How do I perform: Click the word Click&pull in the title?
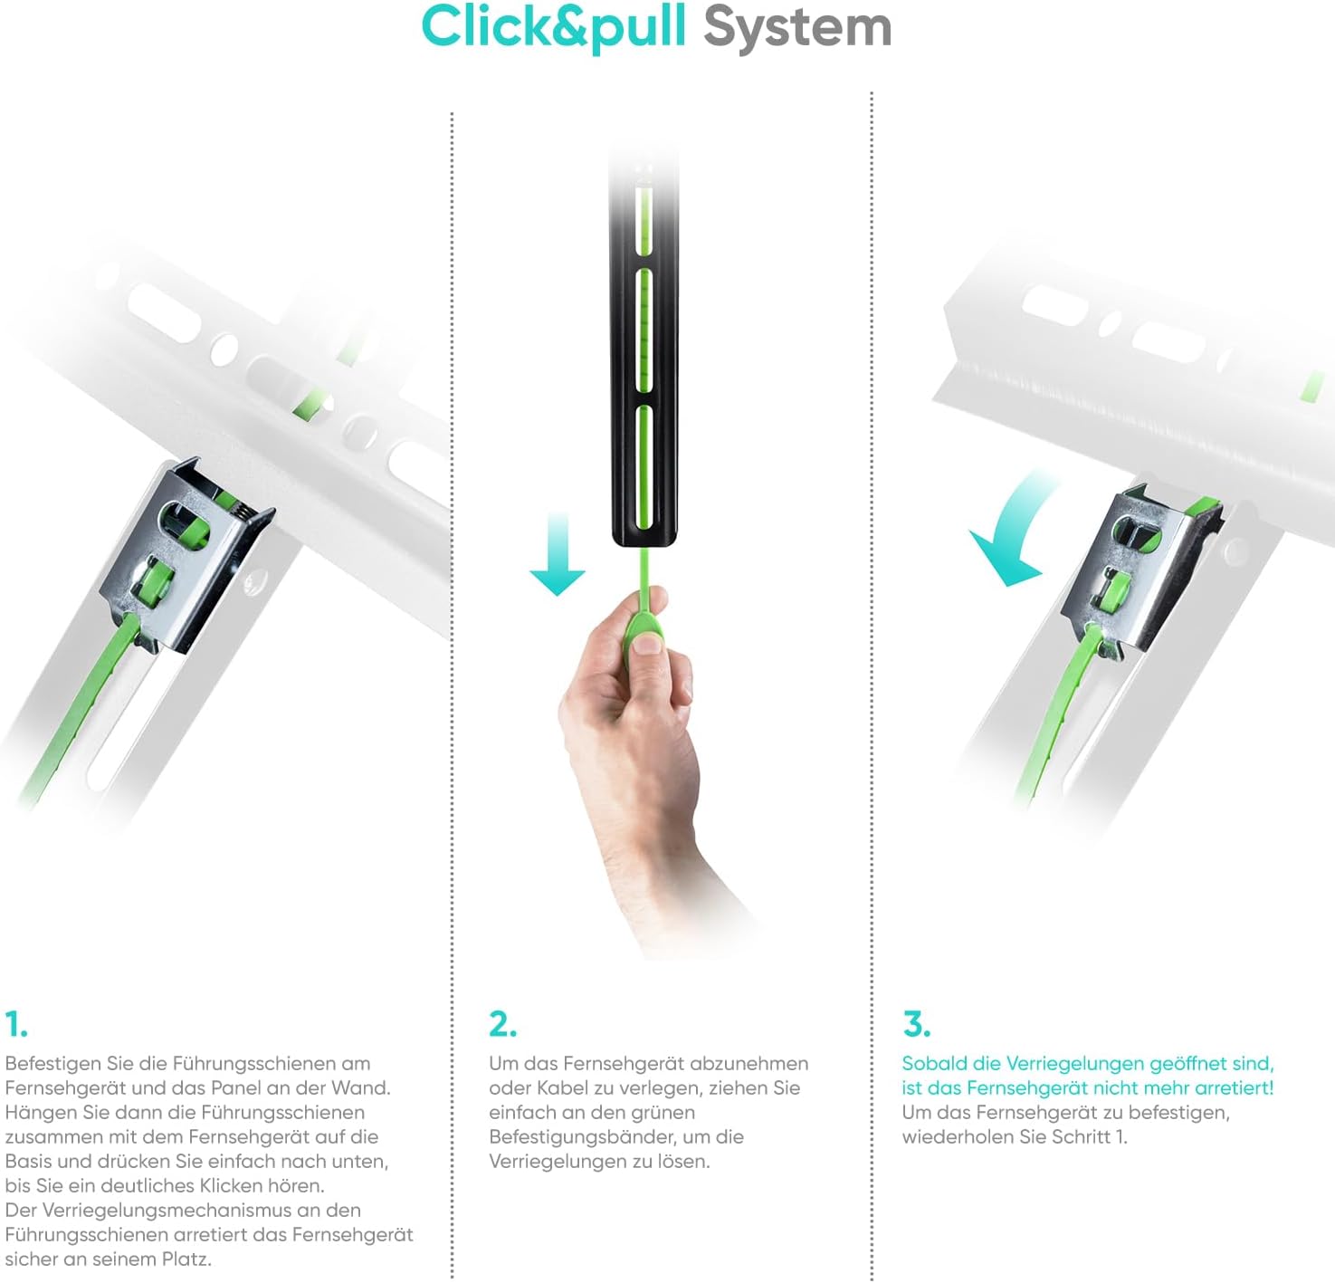[x=554, y=28]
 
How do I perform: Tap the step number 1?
[x=15, y=1025]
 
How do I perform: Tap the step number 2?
[x=502, y=1024]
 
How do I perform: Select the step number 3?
[x=917, y=1024]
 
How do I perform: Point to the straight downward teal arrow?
[x=557, y=553]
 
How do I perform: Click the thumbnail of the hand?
[x=647, y=644]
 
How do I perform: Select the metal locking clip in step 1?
[x=186, y=555]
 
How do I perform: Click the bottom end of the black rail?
[x=644, y=543]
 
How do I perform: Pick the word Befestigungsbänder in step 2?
[x=583, y=1137]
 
